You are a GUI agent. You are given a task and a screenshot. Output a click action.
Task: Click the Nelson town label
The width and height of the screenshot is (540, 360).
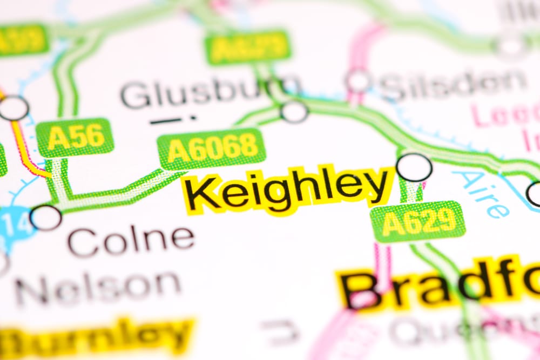click(98, 287)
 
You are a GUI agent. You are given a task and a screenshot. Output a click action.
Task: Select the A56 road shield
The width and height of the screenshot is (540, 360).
click(75, 138)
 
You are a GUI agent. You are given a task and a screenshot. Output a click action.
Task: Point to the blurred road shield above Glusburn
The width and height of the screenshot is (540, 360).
click(248, 47)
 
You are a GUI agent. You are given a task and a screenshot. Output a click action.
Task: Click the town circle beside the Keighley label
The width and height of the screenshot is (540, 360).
click(414, 167)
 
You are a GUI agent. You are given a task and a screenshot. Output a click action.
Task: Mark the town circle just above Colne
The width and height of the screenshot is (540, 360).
click(45, 217)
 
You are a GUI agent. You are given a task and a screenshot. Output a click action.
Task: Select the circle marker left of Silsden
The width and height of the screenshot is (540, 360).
click(359, 81)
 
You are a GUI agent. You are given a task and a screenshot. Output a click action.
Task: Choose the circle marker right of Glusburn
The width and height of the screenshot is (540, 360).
click(294, 111)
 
